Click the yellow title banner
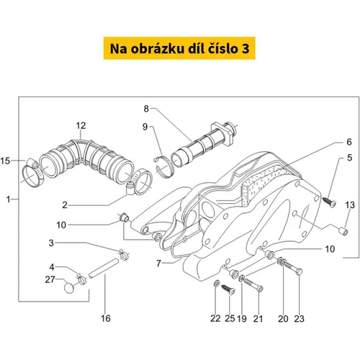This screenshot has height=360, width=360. [179, 48]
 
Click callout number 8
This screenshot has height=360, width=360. [146, 109]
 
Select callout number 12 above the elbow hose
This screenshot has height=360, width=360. [81, 125]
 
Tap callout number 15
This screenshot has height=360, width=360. [5, 161]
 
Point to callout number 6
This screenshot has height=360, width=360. [349, 142]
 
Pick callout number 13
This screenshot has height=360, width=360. [350, 205]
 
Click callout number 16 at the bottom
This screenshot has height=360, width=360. [106, 318]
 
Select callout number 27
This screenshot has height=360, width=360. [50, 279]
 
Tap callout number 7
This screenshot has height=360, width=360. [158, 264]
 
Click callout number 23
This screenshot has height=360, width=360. [300, 319]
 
